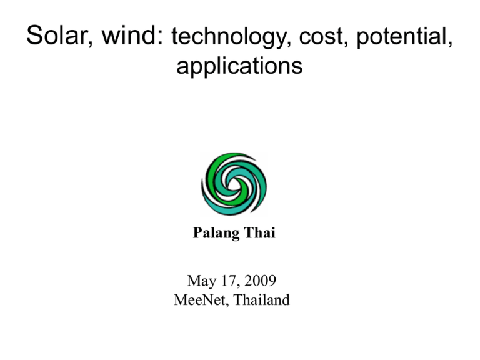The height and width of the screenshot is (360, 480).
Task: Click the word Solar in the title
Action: pos(57,35)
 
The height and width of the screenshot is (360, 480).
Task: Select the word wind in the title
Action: pos(129,35)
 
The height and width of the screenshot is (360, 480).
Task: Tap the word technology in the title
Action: pos(228,37)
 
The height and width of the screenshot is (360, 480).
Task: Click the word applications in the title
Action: pos(240,66)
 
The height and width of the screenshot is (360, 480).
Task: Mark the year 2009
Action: pos(260,281)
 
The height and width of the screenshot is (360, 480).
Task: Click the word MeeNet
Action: pos(199,300)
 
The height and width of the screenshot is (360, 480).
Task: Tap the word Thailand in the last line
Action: pos(261,300)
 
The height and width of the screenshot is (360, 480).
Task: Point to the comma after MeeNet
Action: pos(227,304)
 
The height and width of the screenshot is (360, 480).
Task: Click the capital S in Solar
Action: pos(34,35)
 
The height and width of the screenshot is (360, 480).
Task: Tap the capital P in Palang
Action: pos(197,232)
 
